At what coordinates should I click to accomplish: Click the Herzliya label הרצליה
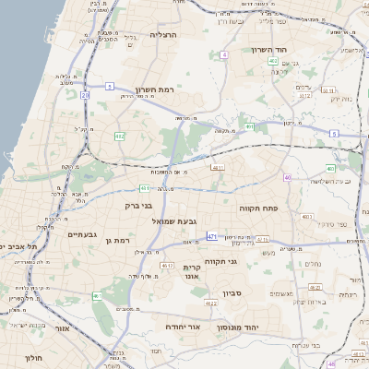click(x=162, y=34)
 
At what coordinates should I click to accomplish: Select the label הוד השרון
click(x=270, y=50)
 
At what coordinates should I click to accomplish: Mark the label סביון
click(x=231, y=296)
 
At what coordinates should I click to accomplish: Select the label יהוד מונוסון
click(x=235, y=327)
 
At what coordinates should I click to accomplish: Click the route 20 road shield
click(x=85, y=94)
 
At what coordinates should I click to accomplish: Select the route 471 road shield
click(x=212, y=236)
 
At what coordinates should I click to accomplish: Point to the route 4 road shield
click(x=223, y=54)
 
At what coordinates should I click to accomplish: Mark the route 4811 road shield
click(x=217, y=168)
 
